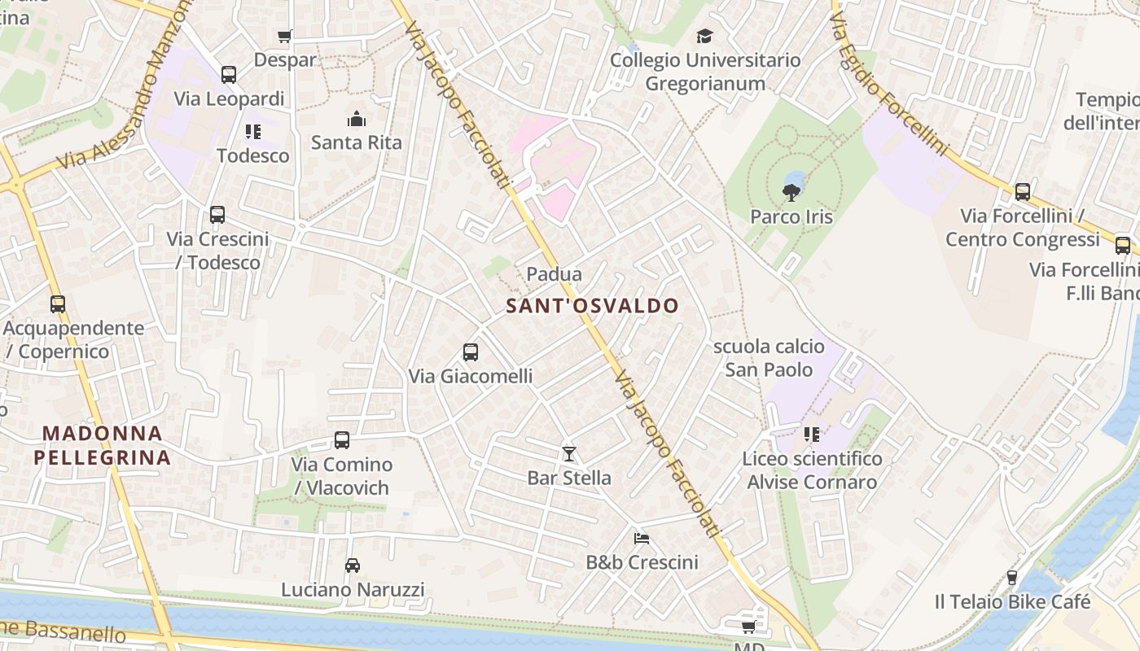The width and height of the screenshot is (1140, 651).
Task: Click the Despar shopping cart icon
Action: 284,36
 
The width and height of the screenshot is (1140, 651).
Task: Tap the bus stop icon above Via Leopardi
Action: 229,75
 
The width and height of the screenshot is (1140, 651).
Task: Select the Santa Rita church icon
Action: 356,120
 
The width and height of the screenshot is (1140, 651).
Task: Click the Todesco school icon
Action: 253,132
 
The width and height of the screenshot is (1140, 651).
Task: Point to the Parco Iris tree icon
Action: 791,193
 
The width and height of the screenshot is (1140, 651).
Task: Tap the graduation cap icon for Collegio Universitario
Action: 704,36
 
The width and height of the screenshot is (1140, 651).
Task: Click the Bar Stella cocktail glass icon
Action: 568,453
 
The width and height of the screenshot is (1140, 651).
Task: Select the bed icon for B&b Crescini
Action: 642,538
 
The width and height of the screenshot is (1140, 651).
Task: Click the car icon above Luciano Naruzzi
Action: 353,565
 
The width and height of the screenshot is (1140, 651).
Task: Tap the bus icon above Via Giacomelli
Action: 471,352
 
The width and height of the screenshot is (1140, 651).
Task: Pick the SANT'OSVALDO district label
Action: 592,306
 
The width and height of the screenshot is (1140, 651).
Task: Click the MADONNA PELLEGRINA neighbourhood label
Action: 103,445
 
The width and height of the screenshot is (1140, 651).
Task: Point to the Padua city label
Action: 555,274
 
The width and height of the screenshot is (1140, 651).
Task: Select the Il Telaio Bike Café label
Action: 1012,602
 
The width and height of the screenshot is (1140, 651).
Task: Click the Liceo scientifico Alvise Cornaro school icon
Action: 812,435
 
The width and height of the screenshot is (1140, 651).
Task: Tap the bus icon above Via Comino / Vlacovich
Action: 342,440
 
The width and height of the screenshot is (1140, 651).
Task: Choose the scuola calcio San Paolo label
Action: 769,358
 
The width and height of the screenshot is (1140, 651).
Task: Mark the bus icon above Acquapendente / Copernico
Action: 58,304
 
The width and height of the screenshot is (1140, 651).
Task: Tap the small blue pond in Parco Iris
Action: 796,179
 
